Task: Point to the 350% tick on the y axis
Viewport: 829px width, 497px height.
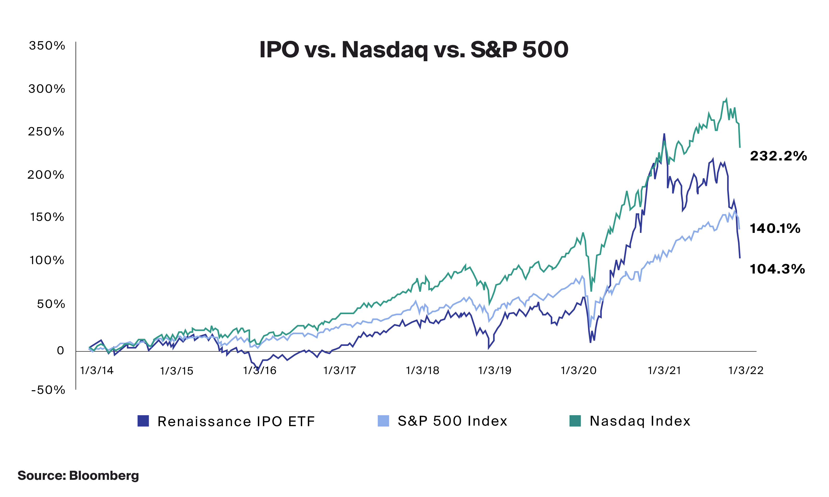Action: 47,46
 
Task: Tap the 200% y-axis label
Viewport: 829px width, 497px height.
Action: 46,175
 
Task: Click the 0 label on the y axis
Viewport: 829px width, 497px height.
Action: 60,351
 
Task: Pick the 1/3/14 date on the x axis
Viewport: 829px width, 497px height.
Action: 97,370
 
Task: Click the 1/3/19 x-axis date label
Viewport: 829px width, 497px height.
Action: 495,370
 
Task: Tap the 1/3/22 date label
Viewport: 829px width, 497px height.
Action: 746,370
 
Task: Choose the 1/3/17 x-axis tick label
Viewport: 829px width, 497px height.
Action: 339,370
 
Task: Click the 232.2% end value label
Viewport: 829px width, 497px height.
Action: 778,156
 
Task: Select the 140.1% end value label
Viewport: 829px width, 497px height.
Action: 775,229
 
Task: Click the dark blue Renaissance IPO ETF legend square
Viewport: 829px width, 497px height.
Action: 143,421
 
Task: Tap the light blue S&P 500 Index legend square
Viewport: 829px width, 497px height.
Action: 383,421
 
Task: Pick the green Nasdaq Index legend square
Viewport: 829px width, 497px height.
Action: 575,421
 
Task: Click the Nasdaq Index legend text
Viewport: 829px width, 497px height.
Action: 640,421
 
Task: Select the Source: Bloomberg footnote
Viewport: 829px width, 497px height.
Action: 78,476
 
